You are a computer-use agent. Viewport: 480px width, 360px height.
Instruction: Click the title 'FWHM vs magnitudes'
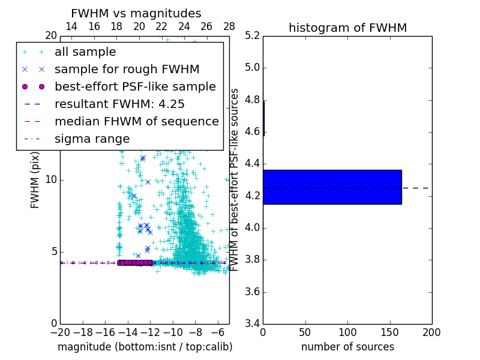coord(136,13)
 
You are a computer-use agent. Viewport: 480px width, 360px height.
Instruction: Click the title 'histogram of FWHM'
coord(347,28)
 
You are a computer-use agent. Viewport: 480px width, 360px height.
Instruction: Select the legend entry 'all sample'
coord(85,52)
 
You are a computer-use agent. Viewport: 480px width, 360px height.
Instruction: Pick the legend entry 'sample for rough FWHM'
coord(127,69)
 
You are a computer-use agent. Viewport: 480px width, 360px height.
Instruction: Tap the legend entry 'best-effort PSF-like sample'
coord(135,86)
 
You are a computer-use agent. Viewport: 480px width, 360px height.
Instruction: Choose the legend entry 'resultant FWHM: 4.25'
coord(119,104)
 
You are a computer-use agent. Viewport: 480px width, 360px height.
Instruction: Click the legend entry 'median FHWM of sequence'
coord(136,121)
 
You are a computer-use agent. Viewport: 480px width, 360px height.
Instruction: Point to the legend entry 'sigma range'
coord(92,139)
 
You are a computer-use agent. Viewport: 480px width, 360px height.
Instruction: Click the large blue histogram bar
coord(332,187)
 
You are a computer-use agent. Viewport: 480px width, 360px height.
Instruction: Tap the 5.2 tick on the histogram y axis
coord(251,35)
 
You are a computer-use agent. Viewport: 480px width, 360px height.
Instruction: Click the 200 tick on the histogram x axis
coord(431,332)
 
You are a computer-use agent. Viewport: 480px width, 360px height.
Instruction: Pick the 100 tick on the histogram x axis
coord(347,332)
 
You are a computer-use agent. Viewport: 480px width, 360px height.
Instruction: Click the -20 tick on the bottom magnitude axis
coord(60,332)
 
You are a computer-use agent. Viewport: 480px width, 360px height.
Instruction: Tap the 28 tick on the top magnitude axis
coord(229,26)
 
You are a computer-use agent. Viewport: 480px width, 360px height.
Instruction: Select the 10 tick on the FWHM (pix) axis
coord(50,179)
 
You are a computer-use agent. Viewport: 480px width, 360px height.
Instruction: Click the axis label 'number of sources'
coord(347,347)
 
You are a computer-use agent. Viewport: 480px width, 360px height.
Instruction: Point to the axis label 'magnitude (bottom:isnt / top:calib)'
coord(145,347)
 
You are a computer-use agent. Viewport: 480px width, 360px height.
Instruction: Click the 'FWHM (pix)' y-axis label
coord(35,180)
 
